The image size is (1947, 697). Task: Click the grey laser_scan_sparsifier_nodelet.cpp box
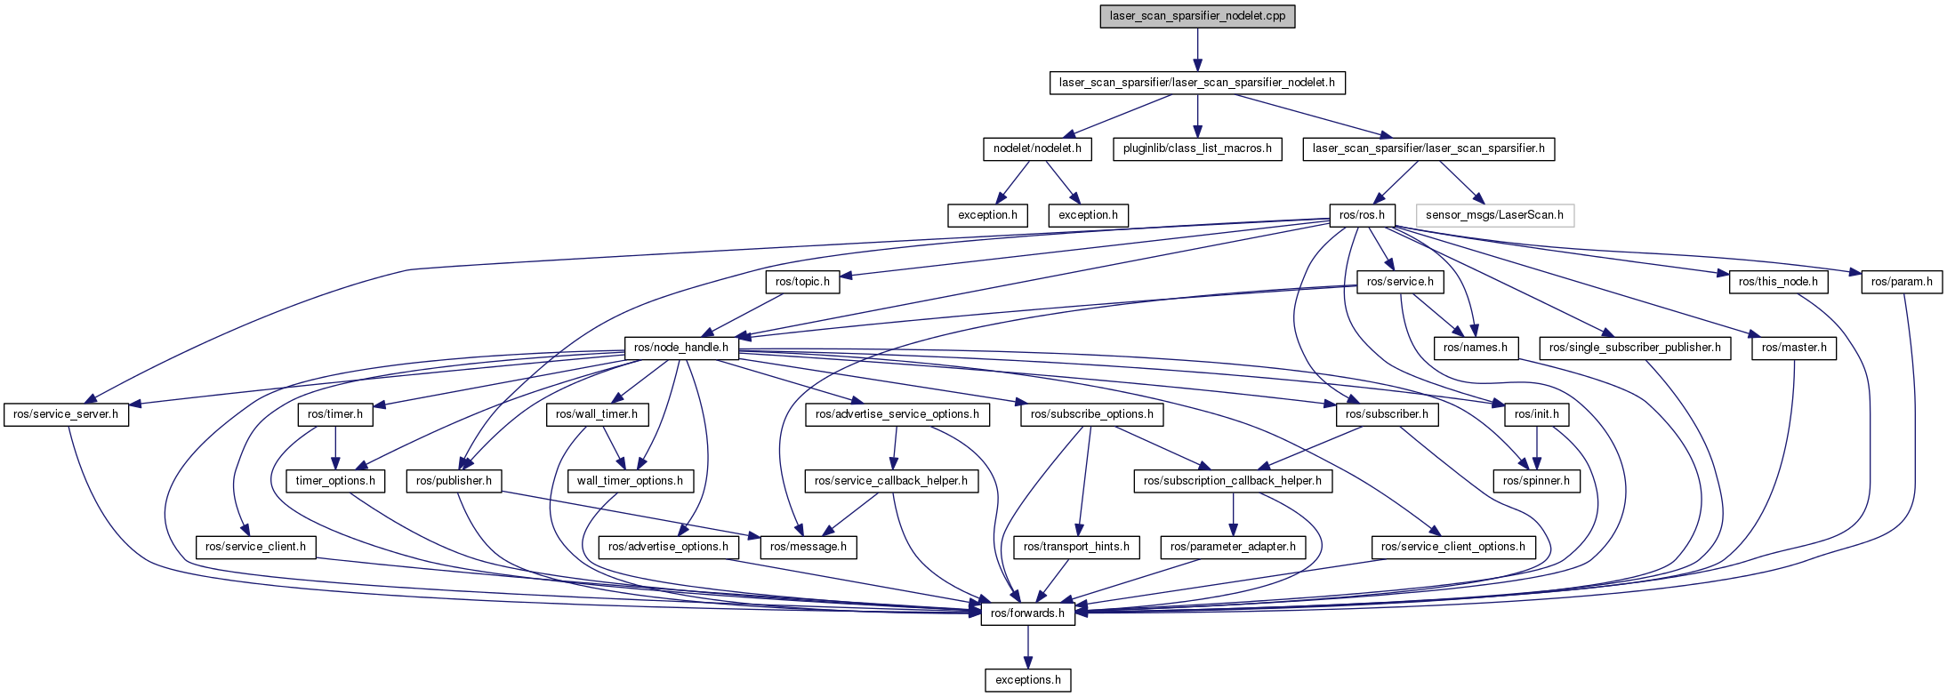point(1197,16)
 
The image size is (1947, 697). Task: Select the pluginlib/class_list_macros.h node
point(1197,148)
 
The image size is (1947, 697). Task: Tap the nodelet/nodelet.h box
point(1037,148)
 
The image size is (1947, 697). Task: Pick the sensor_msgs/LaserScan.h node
point(1494,215)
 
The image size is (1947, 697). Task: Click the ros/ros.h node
point(1362,215)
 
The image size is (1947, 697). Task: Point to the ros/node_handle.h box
point(681,348)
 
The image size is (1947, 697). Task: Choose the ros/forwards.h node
point(1027,613)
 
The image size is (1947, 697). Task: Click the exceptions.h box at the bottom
point(1027,680)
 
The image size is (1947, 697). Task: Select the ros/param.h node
point(1902,282)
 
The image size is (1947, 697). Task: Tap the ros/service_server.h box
point(66,414)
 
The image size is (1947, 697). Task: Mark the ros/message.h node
point(809,547)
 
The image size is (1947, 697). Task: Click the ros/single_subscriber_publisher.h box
point(1635,348)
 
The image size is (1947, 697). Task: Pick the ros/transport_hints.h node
point(1076,547)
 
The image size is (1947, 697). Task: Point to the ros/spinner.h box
point(1536,481)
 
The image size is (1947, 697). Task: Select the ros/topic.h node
point(802,282)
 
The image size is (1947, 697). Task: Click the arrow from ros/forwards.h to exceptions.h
point(1027,646)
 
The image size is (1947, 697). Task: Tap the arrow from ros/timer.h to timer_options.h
point(335,447)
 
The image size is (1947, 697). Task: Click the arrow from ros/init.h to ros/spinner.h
point(1536,447)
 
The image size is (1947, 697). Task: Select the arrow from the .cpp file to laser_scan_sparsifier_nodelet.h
point(1197,49)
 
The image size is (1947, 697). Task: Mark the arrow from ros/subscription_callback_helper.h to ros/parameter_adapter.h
point(1233,514)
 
